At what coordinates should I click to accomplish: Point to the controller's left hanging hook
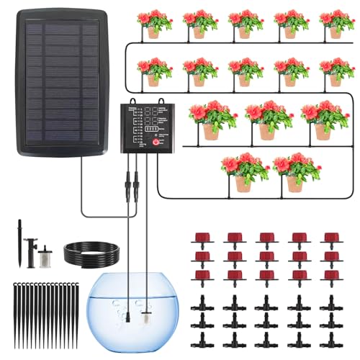[117, 98]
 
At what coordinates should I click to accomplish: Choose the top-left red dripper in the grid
[202, 239]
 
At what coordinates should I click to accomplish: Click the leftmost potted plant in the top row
[153, 24]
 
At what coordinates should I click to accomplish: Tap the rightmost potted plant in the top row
[336, 24]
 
